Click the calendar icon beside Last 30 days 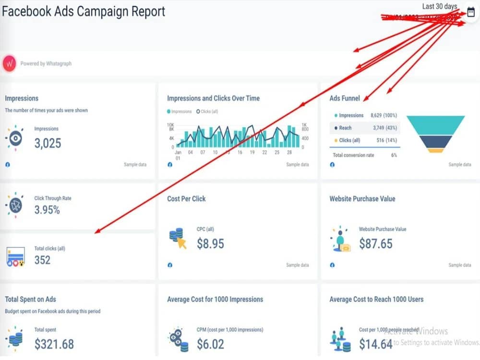coord(470,13)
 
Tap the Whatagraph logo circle coord(10,63)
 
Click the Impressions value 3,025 coord(48,143)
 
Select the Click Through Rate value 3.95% coord(47,210)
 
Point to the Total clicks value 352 coord(42,260)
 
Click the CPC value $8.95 coord(210,244)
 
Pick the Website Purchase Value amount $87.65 coord(375,244)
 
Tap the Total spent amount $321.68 coord(54,344)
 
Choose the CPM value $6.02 coord(210,344)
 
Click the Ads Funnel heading coord(345,98)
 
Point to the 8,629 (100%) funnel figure coord(384,116)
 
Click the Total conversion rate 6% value coord(394,156)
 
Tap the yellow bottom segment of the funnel coord(435,150)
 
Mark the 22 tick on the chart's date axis coord(264,152)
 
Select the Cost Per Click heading coord(186,199)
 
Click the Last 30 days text coord(440,6)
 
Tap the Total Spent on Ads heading coord(30,299)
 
